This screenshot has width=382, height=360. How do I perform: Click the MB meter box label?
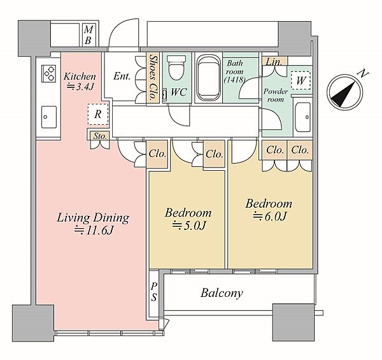pos(88,35)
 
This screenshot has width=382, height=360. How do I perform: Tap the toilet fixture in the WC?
pos(176,68)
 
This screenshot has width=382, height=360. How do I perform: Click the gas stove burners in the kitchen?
pos(49,73)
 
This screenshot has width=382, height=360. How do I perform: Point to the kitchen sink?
pos(49,117)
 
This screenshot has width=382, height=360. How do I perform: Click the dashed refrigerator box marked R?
pos(98,114)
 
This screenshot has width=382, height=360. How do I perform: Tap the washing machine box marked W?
pos(301,80)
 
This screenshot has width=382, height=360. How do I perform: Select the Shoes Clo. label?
pos(153,78)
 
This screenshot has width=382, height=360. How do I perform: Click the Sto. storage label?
pos(100,136)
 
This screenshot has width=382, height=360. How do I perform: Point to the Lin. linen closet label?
pos(274,62)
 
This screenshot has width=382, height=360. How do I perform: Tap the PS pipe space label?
pos(153,292)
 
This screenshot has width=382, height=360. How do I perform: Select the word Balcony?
pos(222,293)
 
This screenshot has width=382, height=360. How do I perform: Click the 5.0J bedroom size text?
pos(189,226)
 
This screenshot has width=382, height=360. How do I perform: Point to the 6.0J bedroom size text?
pos(270,217)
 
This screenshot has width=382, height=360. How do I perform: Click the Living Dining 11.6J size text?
pos(94,230)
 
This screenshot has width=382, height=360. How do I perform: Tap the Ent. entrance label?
pos(122,76)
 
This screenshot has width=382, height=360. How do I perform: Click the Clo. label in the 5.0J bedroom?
pos(214,154)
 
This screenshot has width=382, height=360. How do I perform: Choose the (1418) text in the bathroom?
pos(234,80)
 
